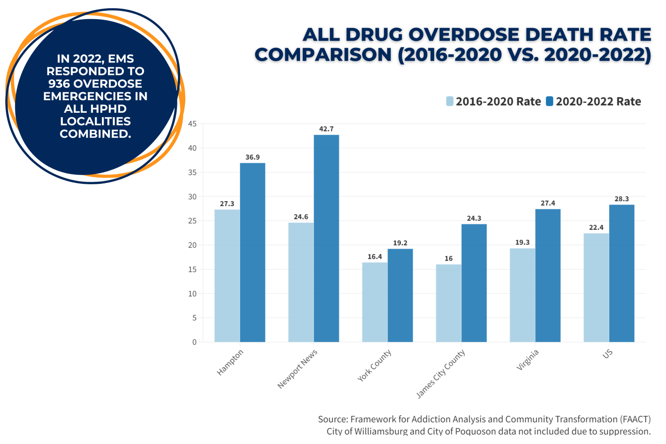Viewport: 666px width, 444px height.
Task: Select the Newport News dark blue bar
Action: tap(326, 238)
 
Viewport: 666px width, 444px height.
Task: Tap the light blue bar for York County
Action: tap(375, 302)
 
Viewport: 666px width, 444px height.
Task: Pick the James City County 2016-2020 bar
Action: tap(449, 303)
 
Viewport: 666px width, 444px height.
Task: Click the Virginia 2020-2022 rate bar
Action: tap(548, 275)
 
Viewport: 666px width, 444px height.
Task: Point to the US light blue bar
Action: tap(596, 287)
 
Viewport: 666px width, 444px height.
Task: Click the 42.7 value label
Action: tap(326, 129)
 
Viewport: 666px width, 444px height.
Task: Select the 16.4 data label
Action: tap(375, 257)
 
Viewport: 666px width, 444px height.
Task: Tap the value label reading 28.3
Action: tap(621, 199)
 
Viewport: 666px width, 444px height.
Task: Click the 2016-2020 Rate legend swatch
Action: tap(450, 101)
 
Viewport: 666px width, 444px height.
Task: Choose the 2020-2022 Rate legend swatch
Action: tap(549, 101)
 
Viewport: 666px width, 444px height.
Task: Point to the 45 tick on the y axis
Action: tap(192, 124)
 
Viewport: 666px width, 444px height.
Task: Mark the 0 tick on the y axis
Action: tap(194, 342)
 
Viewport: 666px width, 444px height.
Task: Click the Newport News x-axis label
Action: tap(298, 369)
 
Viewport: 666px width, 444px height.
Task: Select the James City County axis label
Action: tap(441, 373)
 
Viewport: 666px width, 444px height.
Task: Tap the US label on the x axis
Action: tap(607, 354)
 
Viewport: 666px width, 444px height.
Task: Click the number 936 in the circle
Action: tap(60, 84)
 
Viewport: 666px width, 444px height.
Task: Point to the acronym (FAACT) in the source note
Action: tap(635, 419)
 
